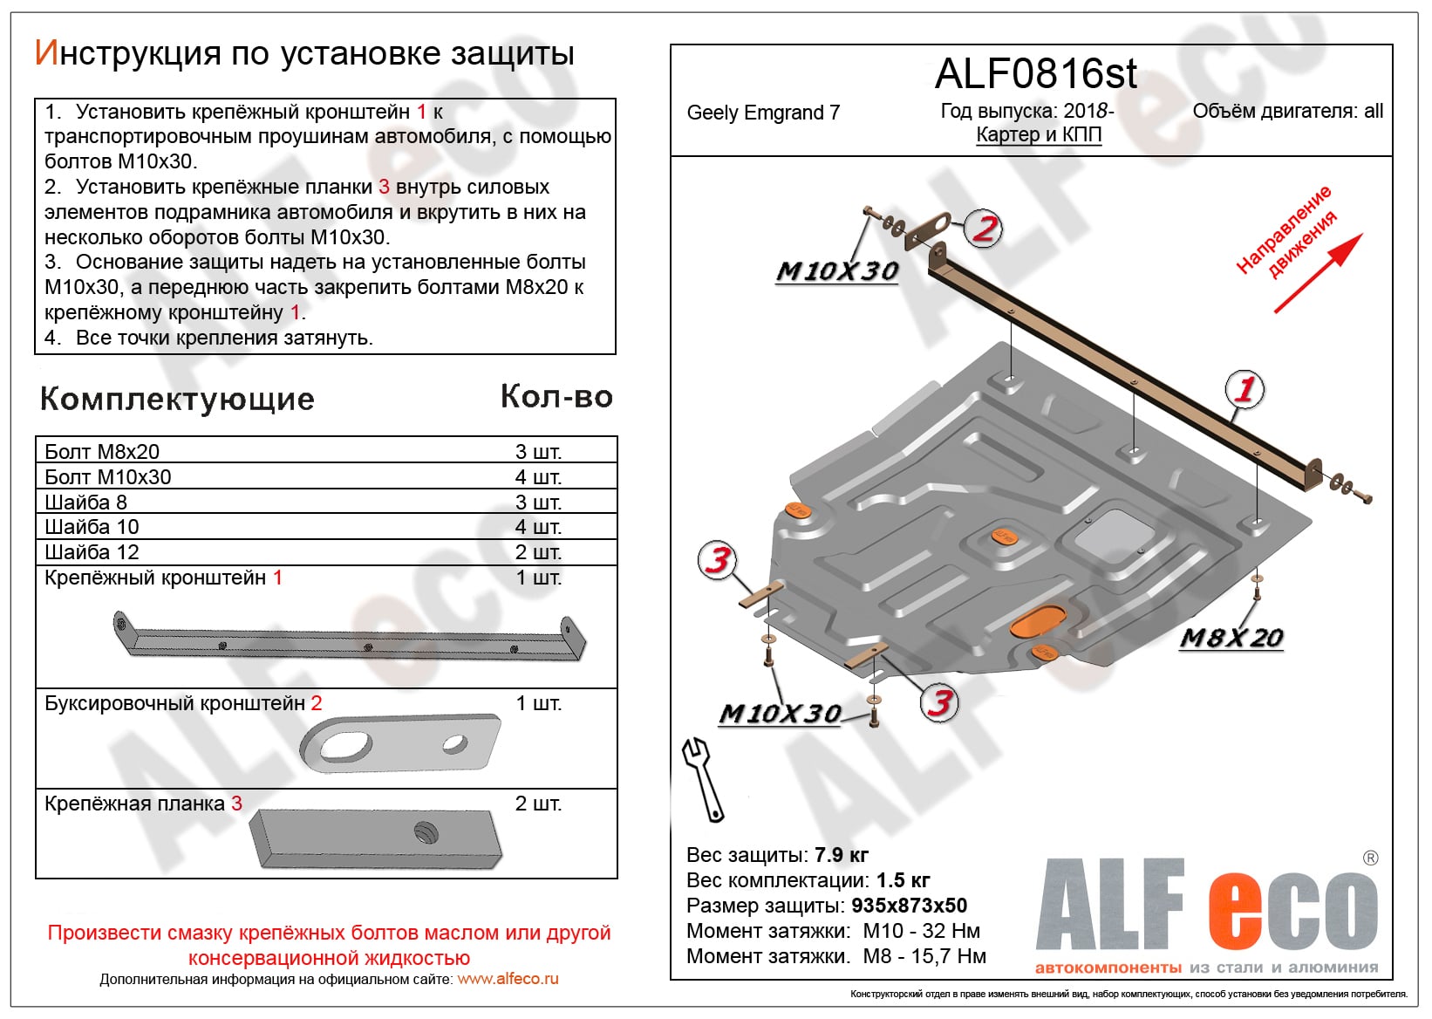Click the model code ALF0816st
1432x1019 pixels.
pos(1035,74)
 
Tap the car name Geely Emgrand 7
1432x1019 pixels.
pos(763,113)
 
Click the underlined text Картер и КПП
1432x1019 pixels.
pos(1039,134)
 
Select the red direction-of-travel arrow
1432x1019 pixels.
pos(1318,273)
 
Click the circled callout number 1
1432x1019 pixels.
pos(1244,389)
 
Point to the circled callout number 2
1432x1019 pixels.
pos(985,229)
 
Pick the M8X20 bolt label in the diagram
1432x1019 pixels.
pos(1231,638)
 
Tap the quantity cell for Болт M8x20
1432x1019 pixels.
pos(538,452)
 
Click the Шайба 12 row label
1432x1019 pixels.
pos(92,552)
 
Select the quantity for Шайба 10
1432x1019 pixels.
pos(538,527)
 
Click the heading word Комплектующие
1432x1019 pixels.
pos(177,399)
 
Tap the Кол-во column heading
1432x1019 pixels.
pos(556,397)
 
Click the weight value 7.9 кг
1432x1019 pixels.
pos(841,855)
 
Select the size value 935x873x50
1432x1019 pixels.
pos(909,906)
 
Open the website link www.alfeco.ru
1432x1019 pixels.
pos(508,979)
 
